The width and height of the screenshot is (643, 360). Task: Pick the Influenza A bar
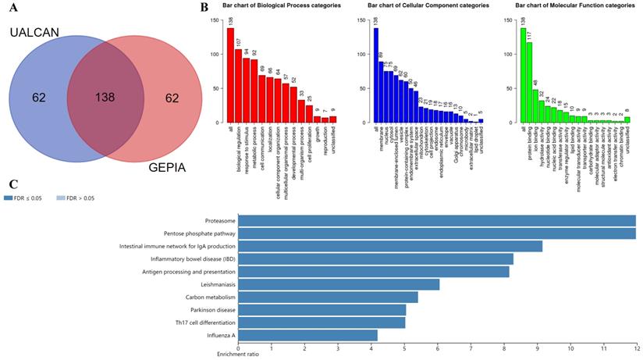pos(307,335)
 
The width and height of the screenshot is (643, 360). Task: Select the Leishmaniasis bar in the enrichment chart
pos(339,284)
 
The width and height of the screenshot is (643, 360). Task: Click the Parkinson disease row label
pos(211,310)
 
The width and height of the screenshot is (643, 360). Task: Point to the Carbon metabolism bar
pos(328,297)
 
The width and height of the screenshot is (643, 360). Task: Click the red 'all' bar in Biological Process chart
pos(230,75)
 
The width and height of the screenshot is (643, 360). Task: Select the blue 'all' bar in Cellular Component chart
pos(375,75)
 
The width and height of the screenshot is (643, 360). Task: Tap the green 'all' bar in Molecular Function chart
pos(523,75)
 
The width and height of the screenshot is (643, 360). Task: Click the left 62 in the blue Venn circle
pos(39,98)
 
